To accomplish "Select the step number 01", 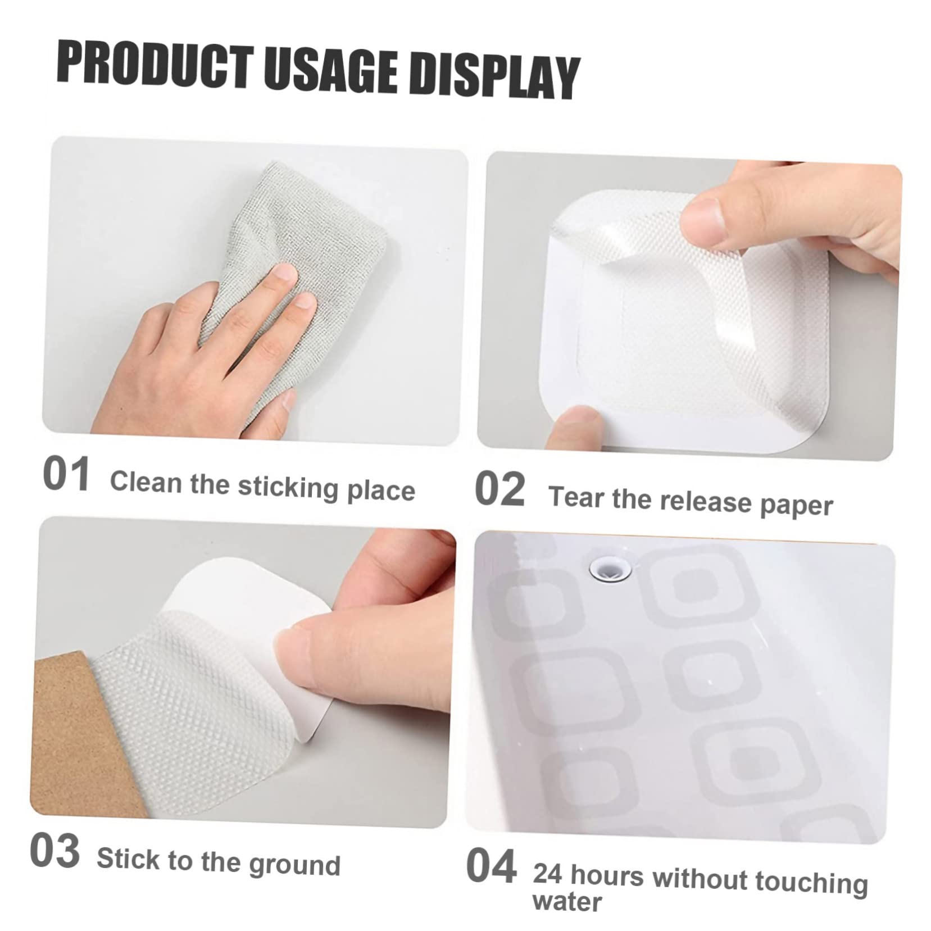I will (66, 474).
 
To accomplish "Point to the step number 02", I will (499, 489).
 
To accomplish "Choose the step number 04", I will (491, 866).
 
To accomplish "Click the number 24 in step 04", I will (548, 874).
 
